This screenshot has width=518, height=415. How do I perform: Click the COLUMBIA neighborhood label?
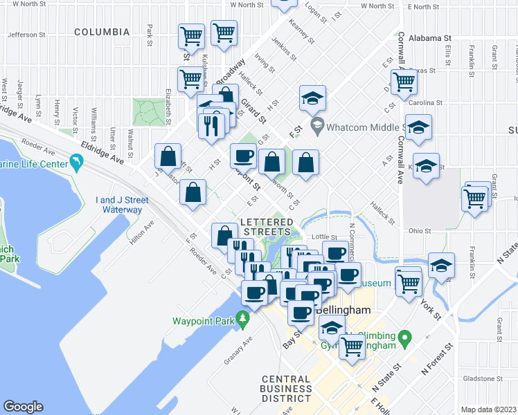[102, 32]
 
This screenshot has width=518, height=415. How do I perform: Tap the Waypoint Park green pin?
[242, 319]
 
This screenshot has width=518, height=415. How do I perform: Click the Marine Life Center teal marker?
[75, 163]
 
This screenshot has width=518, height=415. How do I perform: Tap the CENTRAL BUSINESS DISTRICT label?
[286, 389]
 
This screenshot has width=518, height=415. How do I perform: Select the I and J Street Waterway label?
[118, 205]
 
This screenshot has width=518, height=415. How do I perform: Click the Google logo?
[23, 407]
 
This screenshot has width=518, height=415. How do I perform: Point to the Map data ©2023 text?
[488, 409]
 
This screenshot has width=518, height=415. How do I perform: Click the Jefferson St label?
[26, 34]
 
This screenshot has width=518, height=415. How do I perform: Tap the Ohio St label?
[420, 230]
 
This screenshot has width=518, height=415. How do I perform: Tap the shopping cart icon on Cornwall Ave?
[404, 82]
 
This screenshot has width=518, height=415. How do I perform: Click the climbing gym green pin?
[407, 339]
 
